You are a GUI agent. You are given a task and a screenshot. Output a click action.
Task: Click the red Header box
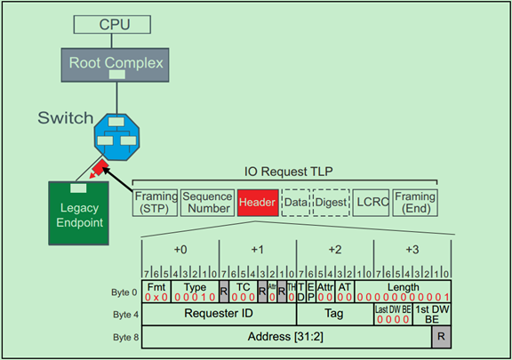pos(257,203)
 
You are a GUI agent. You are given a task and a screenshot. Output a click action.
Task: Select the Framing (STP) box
pos(156,203)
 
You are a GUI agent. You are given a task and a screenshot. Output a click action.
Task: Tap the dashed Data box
pos(295,203)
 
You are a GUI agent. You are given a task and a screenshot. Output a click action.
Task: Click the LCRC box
pos(369,203)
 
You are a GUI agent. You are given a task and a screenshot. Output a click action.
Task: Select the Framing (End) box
pos(415,203)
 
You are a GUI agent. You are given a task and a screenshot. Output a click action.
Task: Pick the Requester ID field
pos(219,313)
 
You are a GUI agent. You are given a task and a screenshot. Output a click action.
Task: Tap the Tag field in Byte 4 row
pos(333,313)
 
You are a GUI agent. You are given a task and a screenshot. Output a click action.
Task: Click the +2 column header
pos(334,251)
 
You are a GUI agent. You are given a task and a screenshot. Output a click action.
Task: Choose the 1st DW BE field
pos(431,313)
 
